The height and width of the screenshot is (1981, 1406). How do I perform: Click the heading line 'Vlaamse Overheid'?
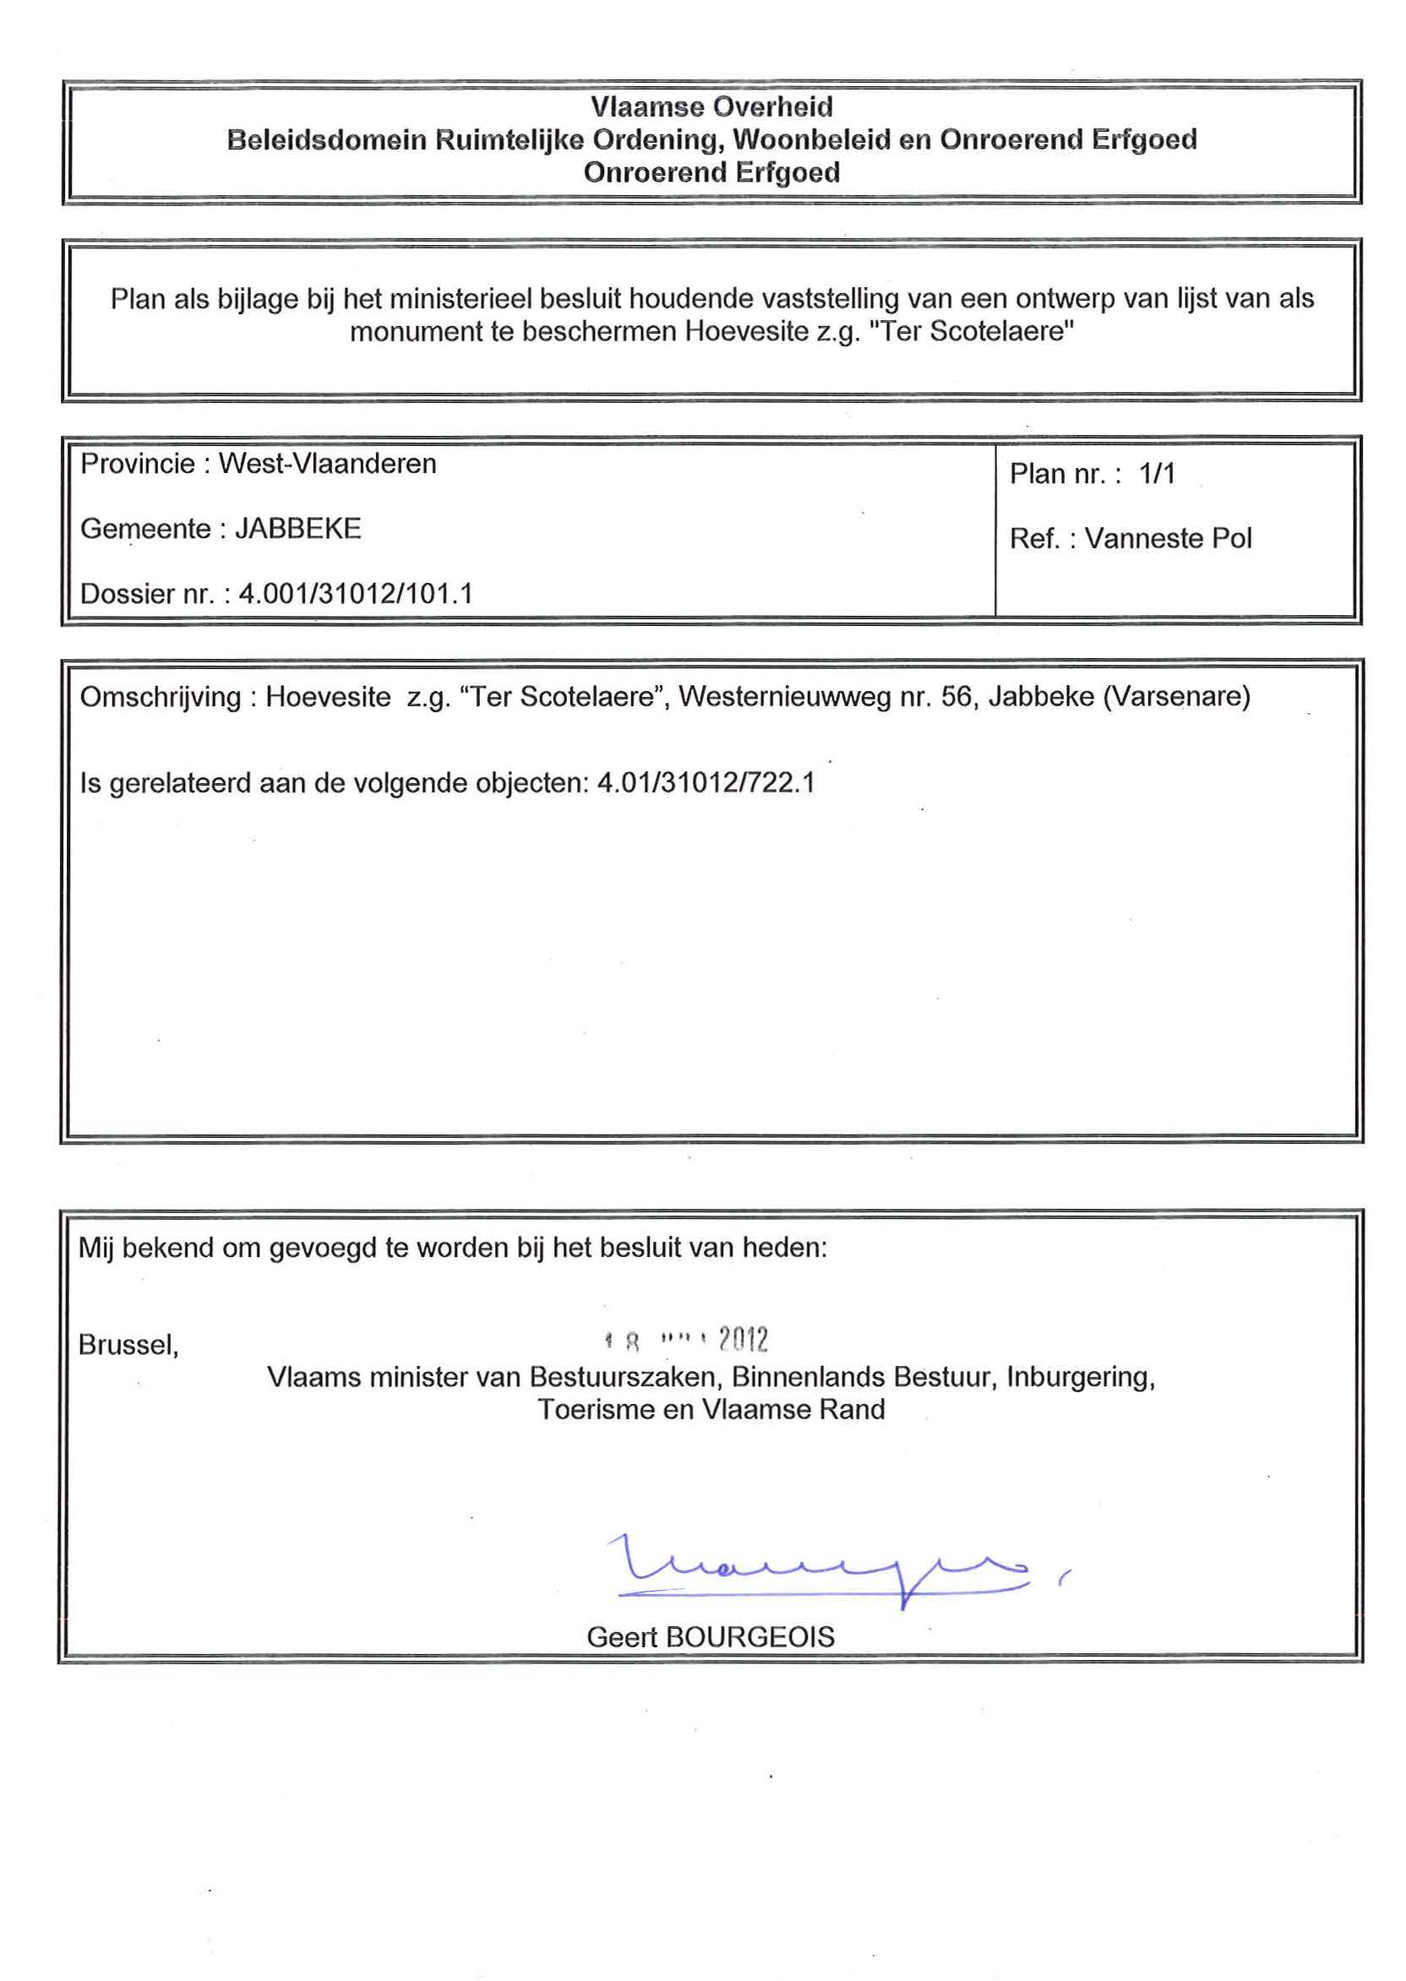click(711, 106)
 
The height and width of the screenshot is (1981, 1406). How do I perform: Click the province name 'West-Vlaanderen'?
click(327, 464)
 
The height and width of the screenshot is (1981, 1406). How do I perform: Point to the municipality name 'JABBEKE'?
click(297, 529)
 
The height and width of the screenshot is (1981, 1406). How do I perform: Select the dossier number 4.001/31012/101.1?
click(355, 594)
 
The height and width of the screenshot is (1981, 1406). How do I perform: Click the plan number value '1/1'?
click(1157, 473)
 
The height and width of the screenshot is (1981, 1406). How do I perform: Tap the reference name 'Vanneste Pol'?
click(1168, 538)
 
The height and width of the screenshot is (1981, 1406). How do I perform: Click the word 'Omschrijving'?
click(161, 697)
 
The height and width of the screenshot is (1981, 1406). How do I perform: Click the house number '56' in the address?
click(956, 697)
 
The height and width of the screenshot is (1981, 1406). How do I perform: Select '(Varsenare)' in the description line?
click(1176, 697)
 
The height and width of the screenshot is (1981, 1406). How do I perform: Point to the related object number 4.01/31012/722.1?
click(706, 783)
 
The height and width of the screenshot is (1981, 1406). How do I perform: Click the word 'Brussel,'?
click(128, 1345)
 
